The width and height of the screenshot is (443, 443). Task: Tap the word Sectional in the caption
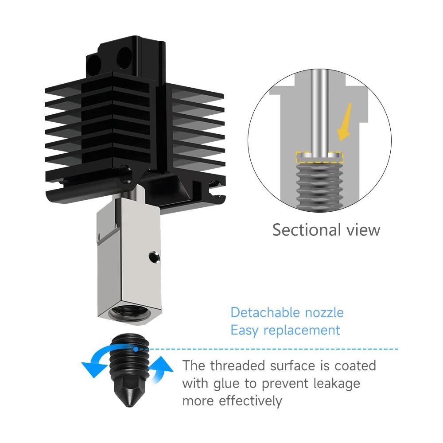[x=304, y=230]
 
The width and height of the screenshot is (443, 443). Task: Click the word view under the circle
[x=361, y=230]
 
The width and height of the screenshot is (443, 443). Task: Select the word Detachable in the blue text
[x=265, y=312]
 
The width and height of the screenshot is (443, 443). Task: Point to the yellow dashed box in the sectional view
[x=319, y=156]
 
